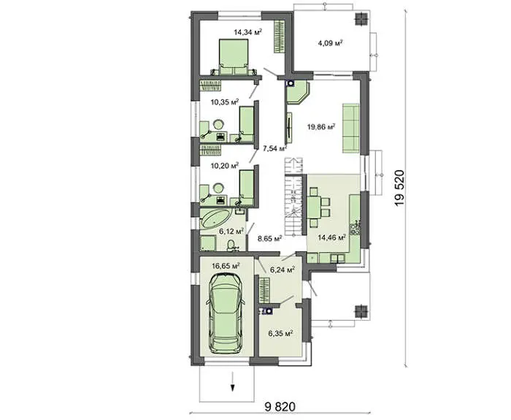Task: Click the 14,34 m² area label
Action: (x=248, y=32)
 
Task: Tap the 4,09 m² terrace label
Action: (x=330, y=42)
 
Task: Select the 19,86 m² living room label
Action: (x=321, y=126)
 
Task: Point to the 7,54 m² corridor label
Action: (x=274, y=148)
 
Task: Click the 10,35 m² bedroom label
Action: (x=225, y=102)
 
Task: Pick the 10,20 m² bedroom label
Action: (x=225, y=165)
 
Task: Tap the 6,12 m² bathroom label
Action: (x=231, y=232)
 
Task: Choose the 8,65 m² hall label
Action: (x=269, y=238)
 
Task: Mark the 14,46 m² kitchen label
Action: (x=331, y=237)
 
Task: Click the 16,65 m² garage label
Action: (x=226, y=266)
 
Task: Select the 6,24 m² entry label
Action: (x=283, y=270)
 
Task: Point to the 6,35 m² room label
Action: (x=280, y=334)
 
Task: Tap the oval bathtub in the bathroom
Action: (x=215, y=218)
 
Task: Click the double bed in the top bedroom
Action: (x=234, y=57)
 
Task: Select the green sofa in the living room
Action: (x=350, y=128)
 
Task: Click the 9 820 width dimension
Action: (x=280, y=406)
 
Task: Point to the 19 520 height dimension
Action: (x=399, y=188)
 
